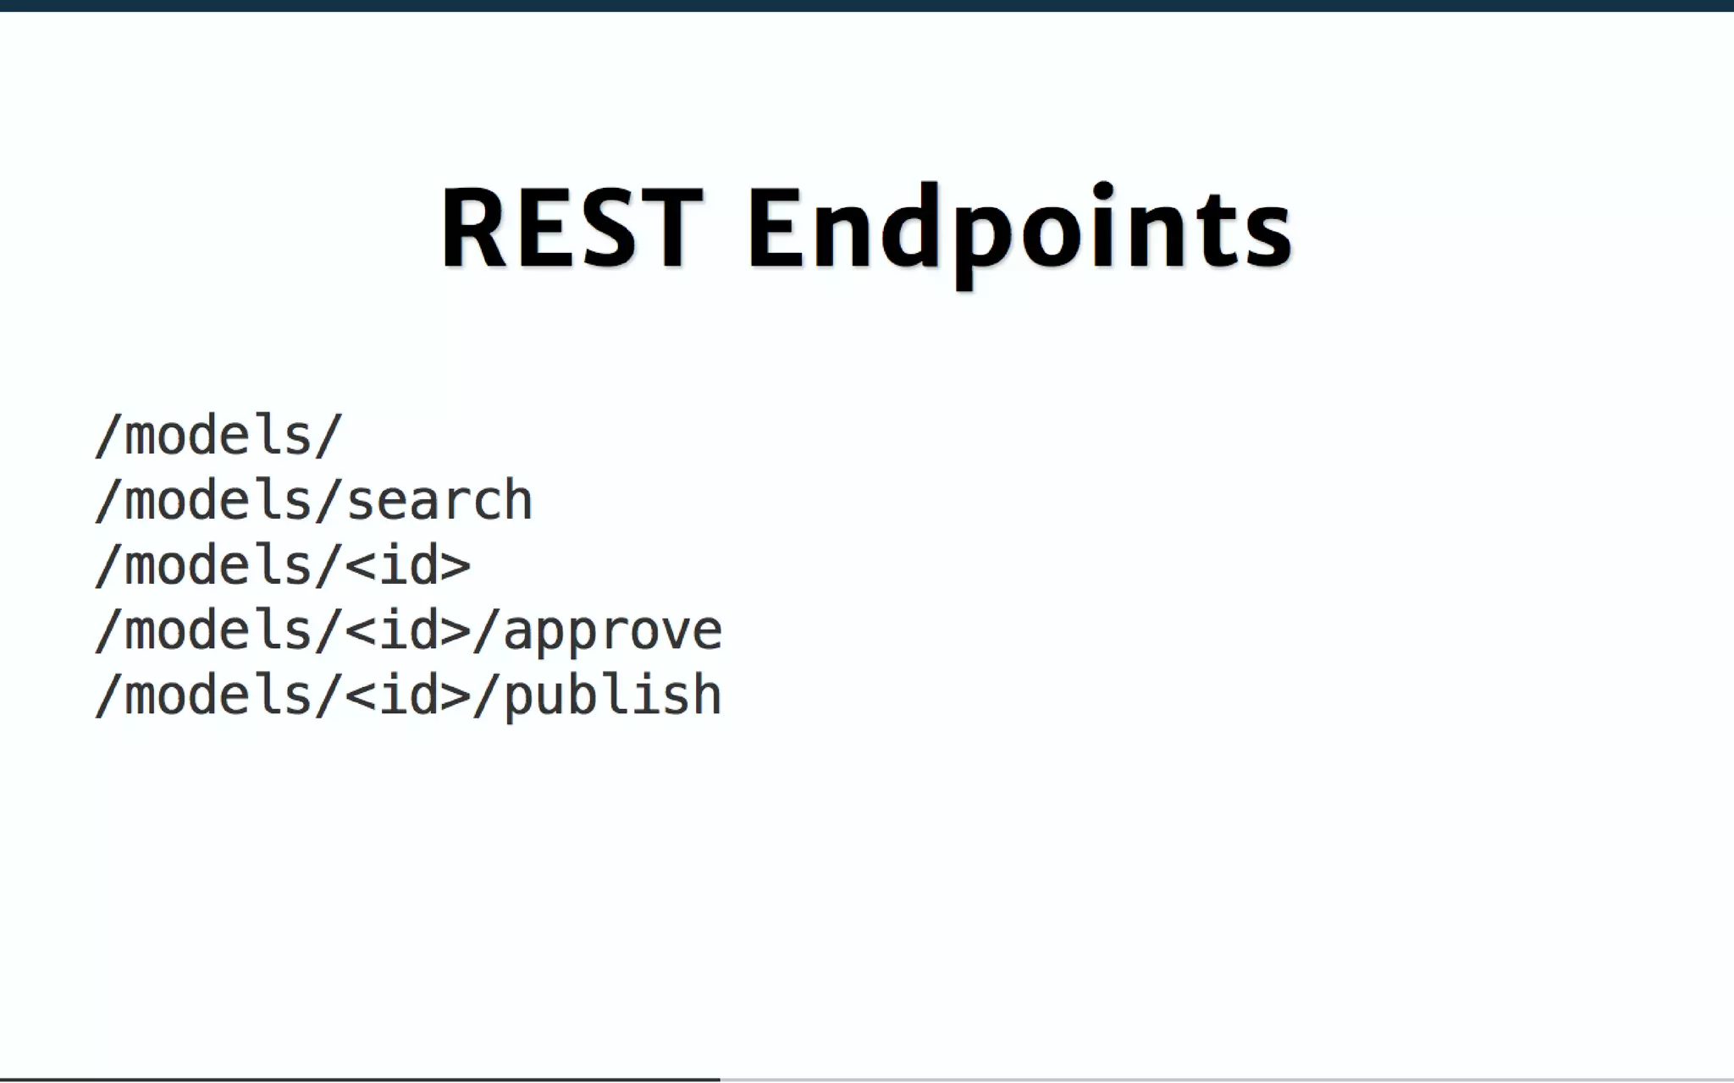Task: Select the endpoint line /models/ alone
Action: pos(218,436)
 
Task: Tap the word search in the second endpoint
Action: pos(439,500)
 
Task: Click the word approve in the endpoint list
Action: pos(613,632)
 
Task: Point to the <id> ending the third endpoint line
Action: pos(407,565)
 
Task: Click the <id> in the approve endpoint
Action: pos(407,630)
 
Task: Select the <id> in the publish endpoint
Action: pos(407,695)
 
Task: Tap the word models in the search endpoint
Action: pos(218,500)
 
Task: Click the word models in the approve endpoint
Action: pos(218,630)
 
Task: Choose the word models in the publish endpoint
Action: pos(218,695)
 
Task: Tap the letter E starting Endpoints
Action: pos(775,228)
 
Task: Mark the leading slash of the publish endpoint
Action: pos(108,695)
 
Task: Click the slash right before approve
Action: pos(485,630)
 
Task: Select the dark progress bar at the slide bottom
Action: pos(360,1079)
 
